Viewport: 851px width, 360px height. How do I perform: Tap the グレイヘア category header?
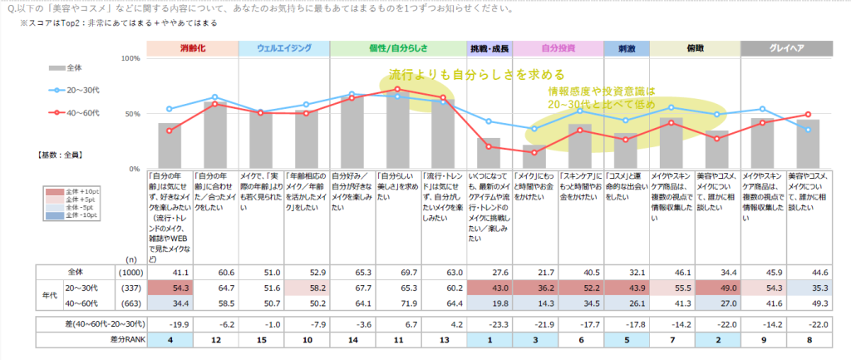[x=787, y=48]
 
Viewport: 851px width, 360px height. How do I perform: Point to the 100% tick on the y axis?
[x=130, y=59]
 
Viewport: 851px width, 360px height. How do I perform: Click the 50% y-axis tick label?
[x=132, y=114]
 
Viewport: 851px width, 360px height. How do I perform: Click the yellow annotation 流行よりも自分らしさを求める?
[x=477, y=74]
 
